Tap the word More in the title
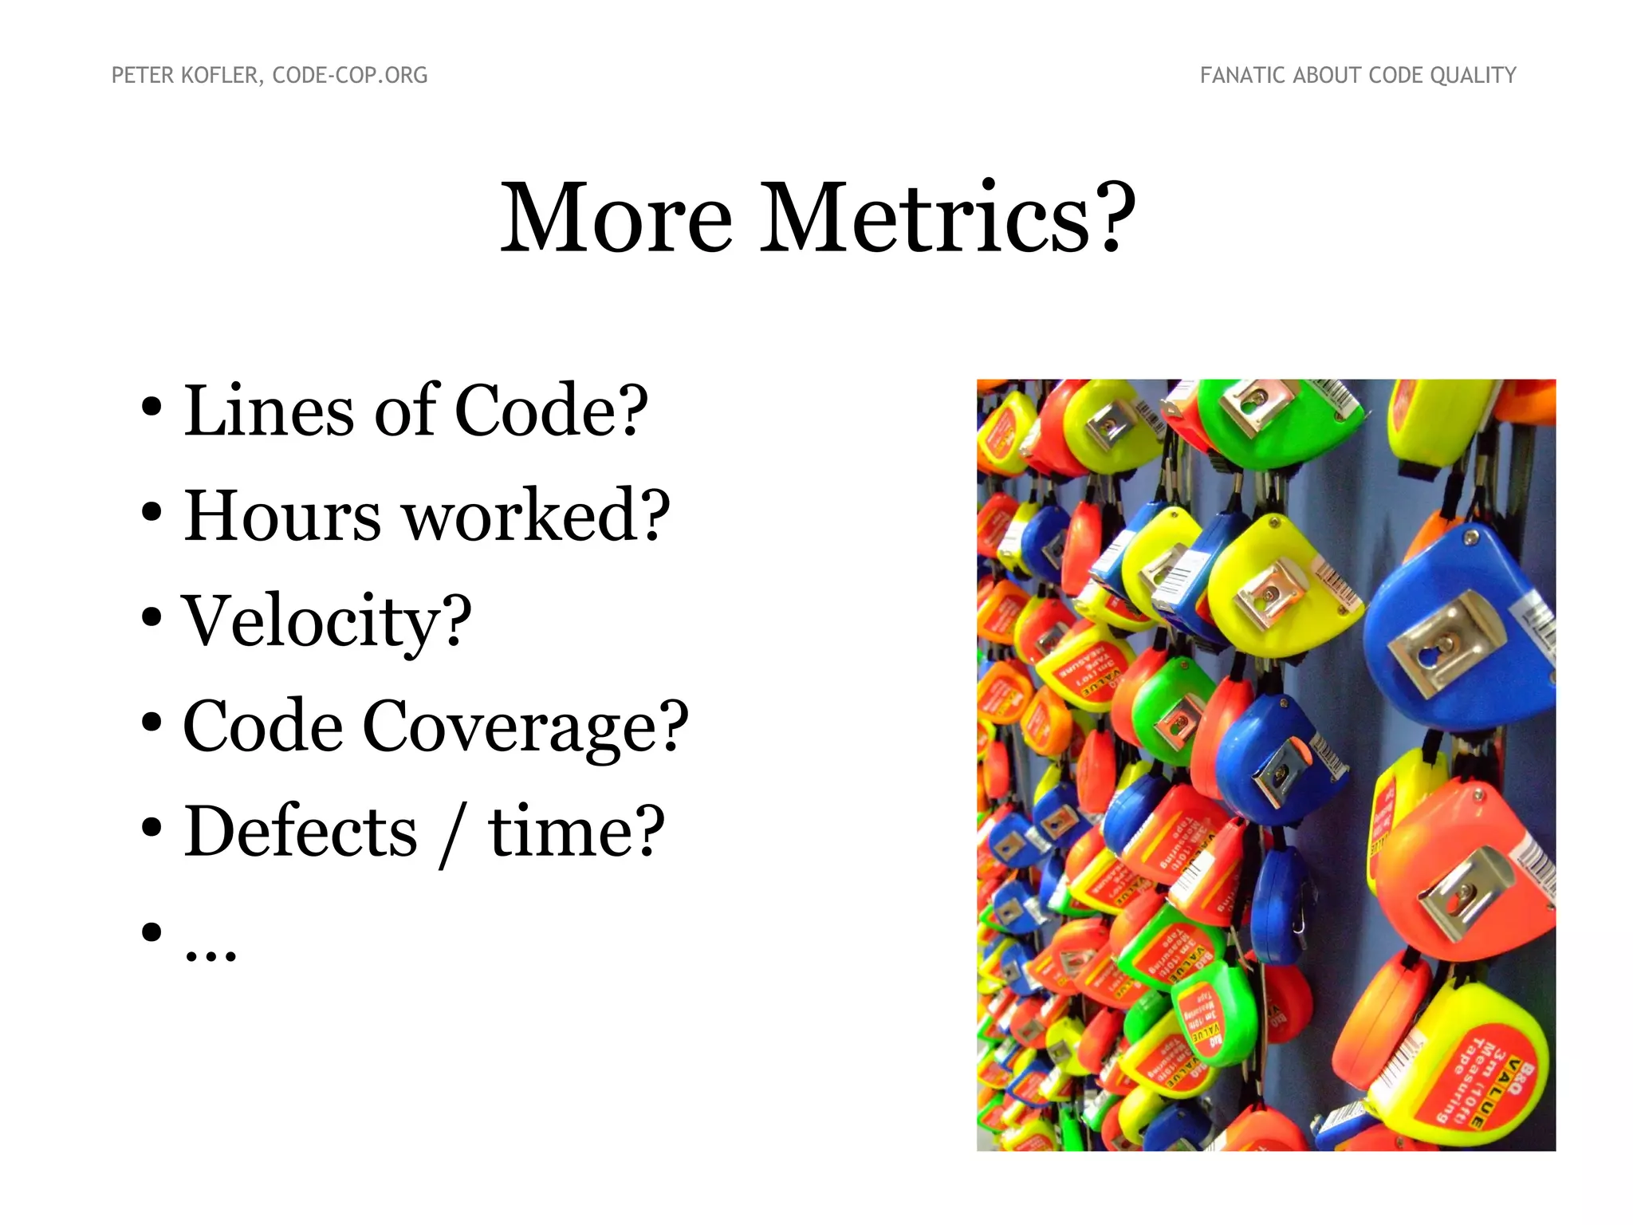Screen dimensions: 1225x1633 (616, 218)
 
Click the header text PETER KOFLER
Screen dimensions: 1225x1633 (184, 76)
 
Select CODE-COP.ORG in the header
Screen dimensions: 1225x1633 (350, 76)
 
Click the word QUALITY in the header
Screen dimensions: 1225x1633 (1473, 76)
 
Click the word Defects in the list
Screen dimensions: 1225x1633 (301, 832)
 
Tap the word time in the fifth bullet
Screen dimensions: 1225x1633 (565, 832)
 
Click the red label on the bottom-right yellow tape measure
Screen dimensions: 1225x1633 (1483, 1093)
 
